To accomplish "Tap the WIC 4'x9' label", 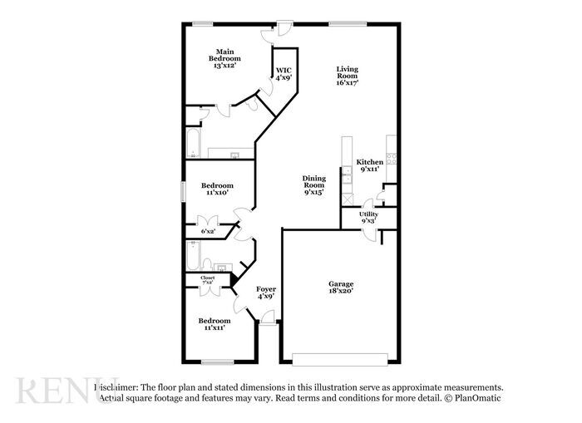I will click(x=284, y=74).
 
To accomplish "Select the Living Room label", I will click(x=348, y=76).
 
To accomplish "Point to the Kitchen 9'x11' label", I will click(x=369, y=165).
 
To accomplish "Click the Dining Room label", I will click(x=313, y=184).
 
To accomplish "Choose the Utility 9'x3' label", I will click(x=368, y=218).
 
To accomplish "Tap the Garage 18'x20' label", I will click(x=341, y=288).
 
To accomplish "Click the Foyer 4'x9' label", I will click(x=266, y=293).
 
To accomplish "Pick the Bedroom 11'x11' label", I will click(x=214, y=323).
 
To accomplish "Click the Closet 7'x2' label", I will click(x=208, y=281).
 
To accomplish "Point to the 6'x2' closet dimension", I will click(x=208, y=231).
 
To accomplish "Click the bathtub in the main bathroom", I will click(x=193, y=144).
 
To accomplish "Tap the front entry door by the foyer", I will click(x=267, y=319).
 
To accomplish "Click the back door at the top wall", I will click(x=284, y=25).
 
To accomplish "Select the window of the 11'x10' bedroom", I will click(x=184, y=189).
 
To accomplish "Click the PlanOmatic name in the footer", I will click(x=483, y=399).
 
